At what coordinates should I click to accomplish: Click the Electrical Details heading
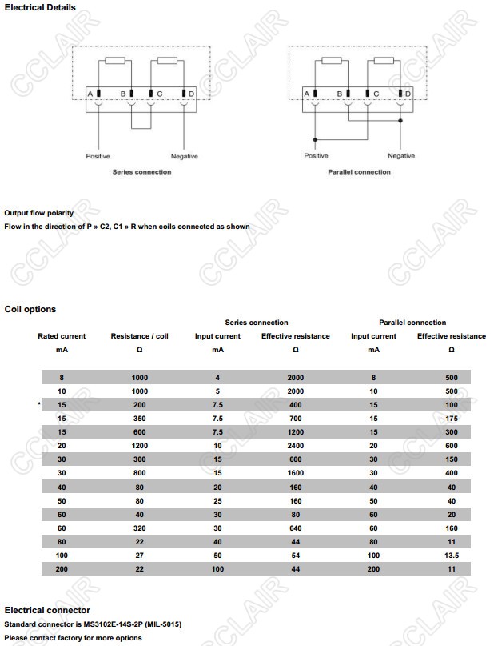(x=40, y=7)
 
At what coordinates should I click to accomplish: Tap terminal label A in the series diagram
(x=90, y=94)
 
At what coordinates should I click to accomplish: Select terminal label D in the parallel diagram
(x=408, y=94)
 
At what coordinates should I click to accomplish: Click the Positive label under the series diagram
(x=98, y=156)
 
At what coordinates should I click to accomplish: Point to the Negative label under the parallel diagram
(x=400, y=156)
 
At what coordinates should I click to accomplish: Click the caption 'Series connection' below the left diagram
(x=141, y=172)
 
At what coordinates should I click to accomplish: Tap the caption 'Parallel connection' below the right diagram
(x=359, y=172)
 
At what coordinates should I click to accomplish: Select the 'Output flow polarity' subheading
(x=38, y=213)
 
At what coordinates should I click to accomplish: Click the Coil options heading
(x=30, y=309)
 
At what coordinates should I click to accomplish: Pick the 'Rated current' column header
(x=62, y=336)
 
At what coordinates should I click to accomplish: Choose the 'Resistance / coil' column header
(x=141, y=336)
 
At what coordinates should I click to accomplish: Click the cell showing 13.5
(x=451, y=555)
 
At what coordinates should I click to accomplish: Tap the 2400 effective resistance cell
(x=296, y=446)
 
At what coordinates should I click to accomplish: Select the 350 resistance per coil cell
(x=141, y=419)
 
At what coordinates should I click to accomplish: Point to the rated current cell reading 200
(x=62, y=568)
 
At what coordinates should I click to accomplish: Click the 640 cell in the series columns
(x=296, y=528)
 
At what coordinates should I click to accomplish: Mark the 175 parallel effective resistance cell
(x=451, y=419)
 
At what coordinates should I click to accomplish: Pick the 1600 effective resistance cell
(x=296, y=473)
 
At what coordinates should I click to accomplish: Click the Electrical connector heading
(x=47, y=610)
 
